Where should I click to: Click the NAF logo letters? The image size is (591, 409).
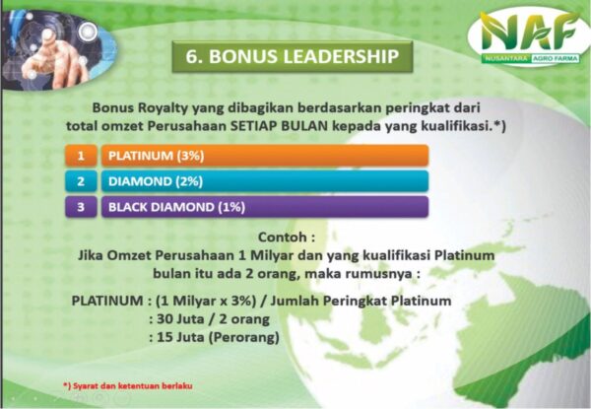pos(529,32)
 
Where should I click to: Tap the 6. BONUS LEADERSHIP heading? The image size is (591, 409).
pos(293,56)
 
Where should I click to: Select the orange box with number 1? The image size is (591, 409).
pos(81,156)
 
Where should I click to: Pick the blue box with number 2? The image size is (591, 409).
pos(81,181)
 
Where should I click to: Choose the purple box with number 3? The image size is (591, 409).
pos(81,207)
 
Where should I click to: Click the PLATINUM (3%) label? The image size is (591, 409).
pos(156,156)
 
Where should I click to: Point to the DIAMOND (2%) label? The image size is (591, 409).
pos(156,181)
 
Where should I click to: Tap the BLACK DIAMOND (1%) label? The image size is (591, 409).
pos(176,207)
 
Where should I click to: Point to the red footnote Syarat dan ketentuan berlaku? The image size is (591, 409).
pos(128,386)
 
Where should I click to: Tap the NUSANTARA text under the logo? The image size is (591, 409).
pos(506,58)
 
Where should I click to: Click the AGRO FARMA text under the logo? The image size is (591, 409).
pos(556,59)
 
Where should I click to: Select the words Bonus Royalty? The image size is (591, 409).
pos(140,108)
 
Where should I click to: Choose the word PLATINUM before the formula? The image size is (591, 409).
pos(107,301)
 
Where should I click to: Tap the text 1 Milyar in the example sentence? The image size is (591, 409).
pos(266,255)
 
